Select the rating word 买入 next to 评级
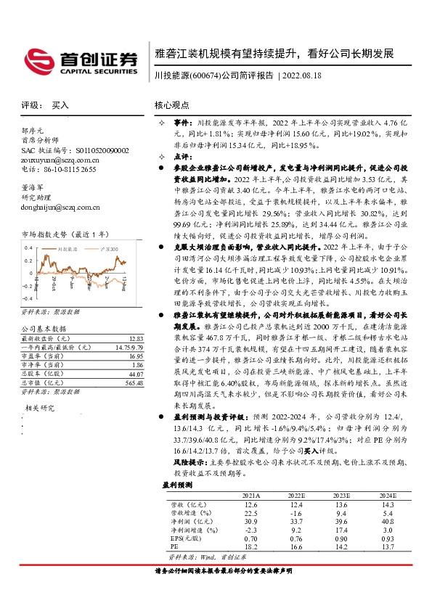point(60,105)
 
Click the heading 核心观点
point(172,105)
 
